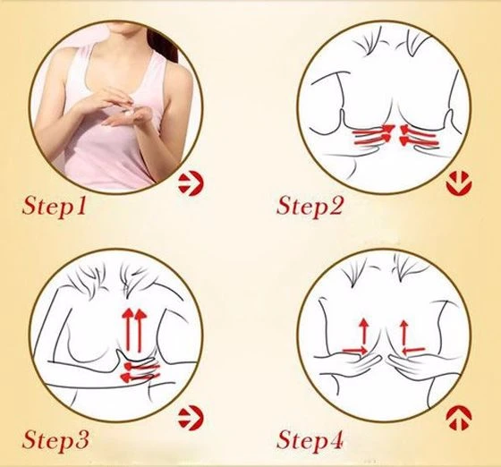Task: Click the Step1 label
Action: pyautogui.click(x=55, y=206)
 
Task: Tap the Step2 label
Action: pyautogui.click(x=310, y=206)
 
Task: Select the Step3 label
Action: pyautogui.click(x=55, y=440)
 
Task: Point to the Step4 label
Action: pyautogui.click(x=310, y=440)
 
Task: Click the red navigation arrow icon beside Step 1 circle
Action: pyautogui.click(x=191, y=184)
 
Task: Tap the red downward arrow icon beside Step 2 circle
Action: pyautogui.click(x=459, y=184)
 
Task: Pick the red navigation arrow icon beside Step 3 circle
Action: pyautogui.click(x=191, y=418)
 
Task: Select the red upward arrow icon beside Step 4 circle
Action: pyautogui.click(x=459, y=418)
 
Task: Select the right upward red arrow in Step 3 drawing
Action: pyautogui.click(x=140, y=330)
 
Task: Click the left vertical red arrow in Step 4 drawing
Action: pyautogui.click(x=363, y=332)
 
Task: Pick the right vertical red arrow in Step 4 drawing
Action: pyautogui.click(x=404, y=332)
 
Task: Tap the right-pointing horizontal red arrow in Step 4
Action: pyautogui.click(x=354, y=351)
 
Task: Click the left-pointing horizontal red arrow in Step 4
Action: pyautogui.click(x=413, y=351)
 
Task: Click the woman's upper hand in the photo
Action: pyautogui.click(x=106, y=99)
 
